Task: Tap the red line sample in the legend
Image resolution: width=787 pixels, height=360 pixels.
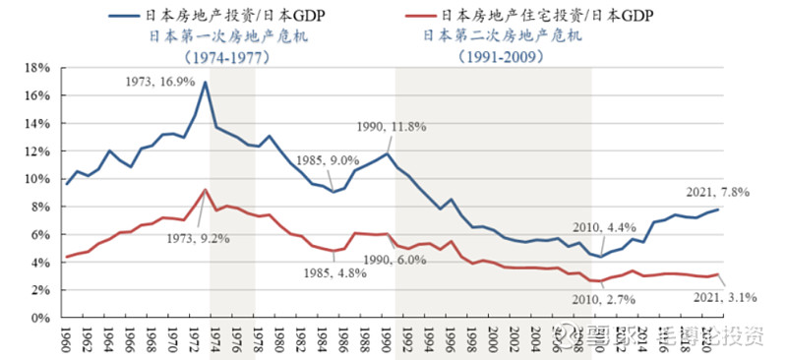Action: coord(429,16)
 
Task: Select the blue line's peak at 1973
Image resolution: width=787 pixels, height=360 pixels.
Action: coord(205,82)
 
